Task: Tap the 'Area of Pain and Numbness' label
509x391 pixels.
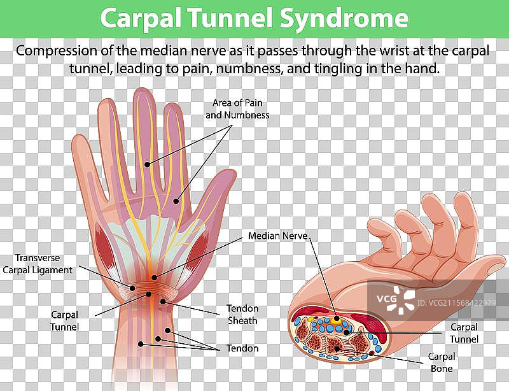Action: [237, 109]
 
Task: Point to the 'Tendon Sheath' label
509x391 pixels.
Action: [242, 314]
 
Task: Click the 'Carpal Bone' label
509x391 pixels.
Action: [440, 362]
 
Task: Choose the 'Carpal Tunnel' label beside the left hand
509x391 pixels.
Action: [66, 320]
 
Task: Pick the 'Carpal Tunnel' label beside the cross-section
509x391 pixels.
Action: [464, 332]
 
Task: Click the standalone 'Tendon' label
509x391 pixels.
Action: [242, 348]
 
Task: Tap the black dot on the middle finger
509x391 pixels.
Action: [147, 164]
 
